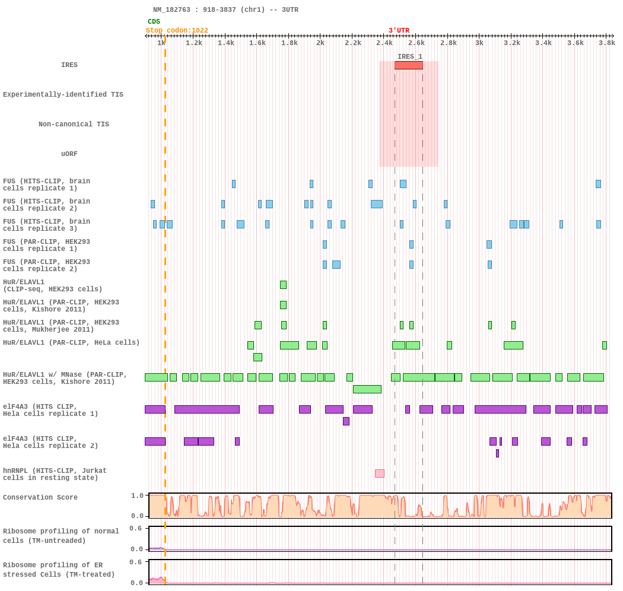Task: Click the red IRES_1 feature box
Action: click(x=408, y=65)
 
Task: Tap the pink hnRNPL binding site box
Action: click(x=380, y=474)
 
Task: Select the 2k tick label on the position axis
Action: click(x=320, y=43)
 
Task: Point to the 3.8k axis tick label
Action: click(x=607, y=43)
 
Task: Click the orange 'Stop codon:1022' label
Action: click(x=177, y=31)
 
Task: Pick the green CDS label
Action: click(x=154, y=21)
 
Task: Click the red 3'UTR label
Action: click(x=399, y=31)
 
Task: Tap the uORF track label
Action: click(x=69, y=154)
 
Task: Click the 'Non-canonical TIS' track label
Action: click(x=74, y=124)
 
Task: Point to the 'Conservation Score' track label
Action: click(x=40, y=497)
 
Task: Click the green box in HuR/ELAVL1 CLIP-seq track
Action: click(x=283, y=285)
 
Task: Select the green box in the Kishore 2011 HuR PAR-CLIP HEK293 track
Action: click(x=283, y=305)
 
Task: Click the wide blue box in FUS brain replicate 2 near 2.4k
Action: click(x=377, y=204)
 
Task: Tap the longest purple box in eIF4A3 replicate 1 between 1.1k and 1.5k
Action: click(x=207, y=409)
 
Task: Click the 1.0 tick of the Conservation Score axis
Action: click(x=137, y=495)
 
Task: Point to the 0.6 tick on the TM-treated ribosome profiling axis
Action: click(x=135, y=562)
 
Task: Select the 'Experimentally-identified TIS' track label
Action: click(x=63, y=94)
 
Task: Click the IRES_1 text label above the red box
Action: click(x=409, y=56)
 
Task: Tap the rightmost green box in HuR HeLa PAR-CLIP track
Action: click(x=605, y=345)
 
